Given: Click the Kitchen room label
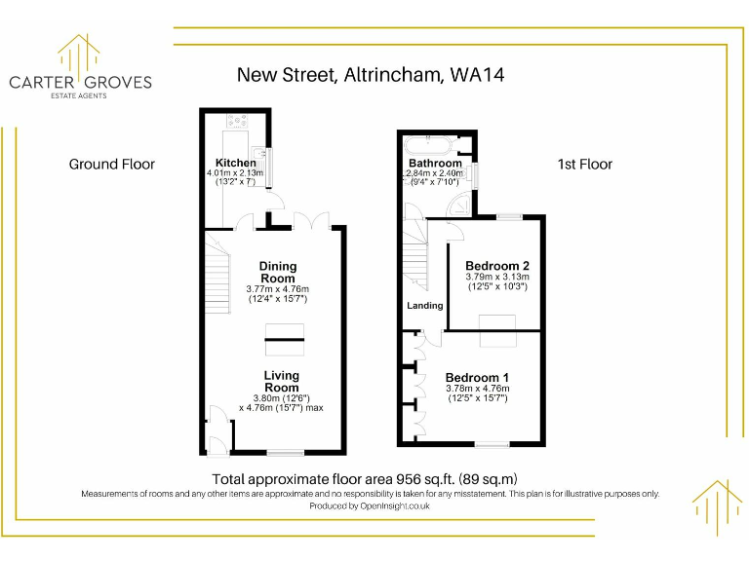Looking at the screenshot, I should click(236, 163).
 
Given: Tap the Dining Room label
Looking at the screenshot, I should click(278, 272).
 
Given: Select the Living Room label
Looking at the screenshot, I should click(281, 381).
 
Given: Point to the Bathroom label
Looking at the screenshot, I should click(435, 163).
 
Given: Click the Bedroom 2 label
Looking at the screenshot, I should click(497, 266).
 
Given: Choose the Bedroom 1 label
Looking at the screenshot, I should click(477, 378).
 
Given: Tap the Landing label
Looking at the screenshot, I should click(425, 306).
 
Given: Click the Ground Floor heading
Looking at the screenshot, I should click(111, 164).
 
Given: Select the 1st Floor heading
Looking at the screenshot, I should click(584, 164).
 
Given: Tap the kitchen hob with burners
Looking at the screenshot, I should click(237, 122).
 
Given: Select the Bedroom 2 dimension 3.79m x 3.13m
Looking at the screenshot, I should click(497, 277).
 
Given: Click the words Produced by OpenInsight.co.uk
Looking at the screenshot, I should click(371, 506).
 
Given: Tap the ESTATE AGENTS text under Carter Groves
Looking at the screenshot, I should click(80, 94).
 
